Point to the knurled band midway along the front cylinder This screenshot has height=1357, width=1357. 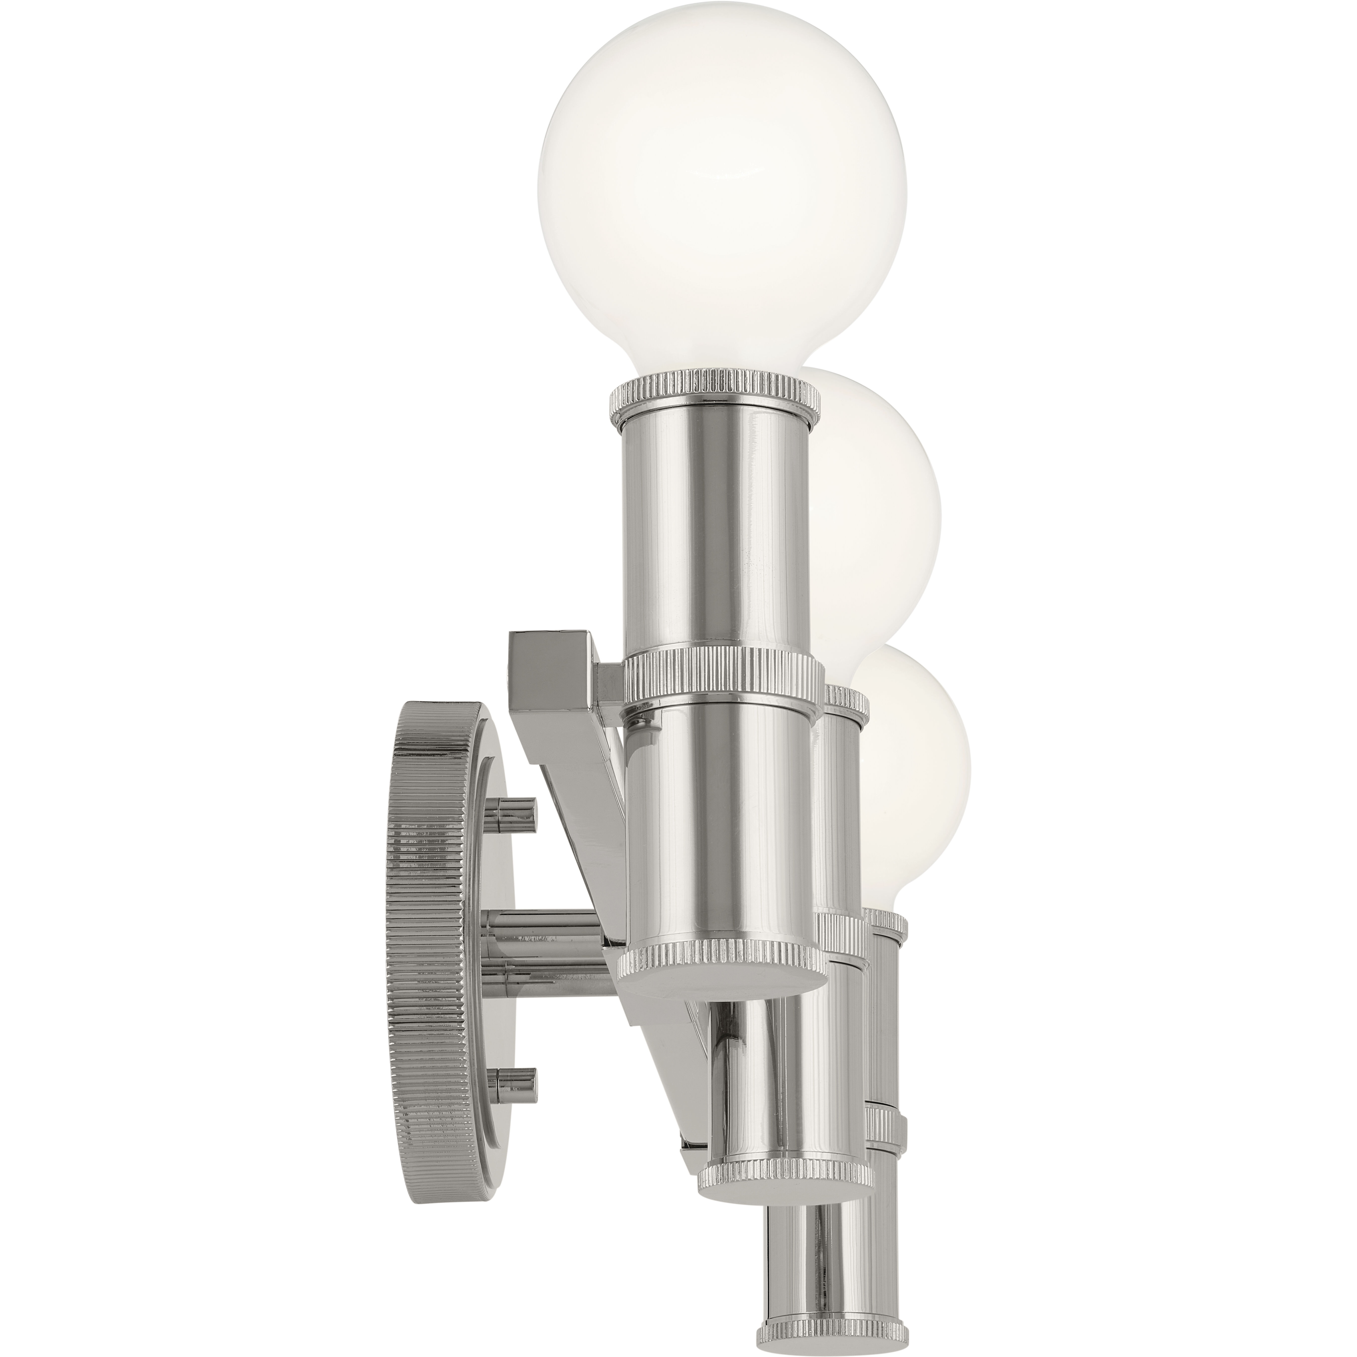(x=723, y=681)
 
